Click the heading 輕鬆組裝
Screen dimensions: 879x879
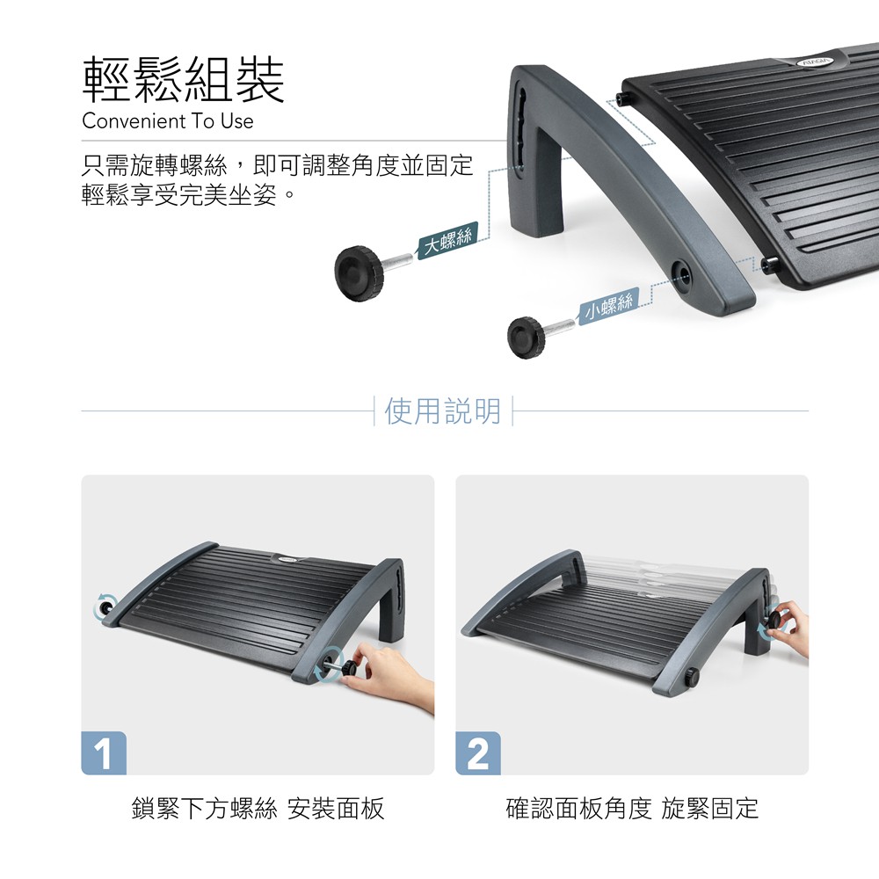point(184,80)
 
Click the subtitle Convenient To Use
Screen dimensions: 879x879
point(168,121)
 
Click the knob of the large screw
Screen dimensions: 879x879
point(360,273)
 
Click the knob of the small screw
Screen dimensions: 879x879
point(526,338)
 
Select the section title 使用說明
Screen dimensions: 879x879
point(443,410)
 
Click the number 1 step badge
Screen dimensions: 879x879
point(104,753)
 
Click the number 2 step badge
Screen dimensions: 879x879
point(478,753)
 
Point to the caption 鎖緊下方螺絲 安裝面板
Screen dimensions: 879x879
point(258,809)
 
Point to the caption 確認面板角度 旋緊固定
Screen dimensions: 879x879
point(632,809)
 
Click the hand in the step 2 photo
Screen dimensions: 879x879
point(790,627)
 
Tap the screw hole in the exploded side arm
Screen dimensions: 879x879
point(682,273)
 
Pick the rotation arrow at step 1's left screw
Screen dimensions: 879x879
point(105,607)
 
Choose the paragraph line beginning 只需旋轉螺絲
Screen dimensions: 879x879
point(278,165)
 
